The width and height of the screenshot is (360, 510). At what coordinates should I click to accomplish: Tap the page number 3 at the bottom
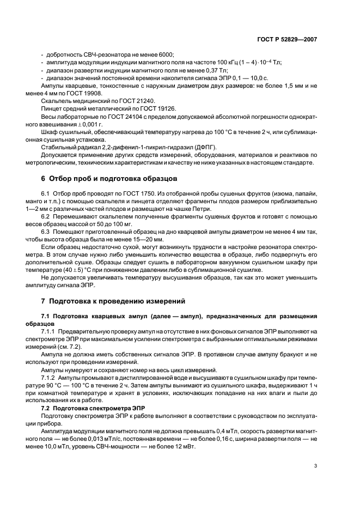(315, 466)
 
